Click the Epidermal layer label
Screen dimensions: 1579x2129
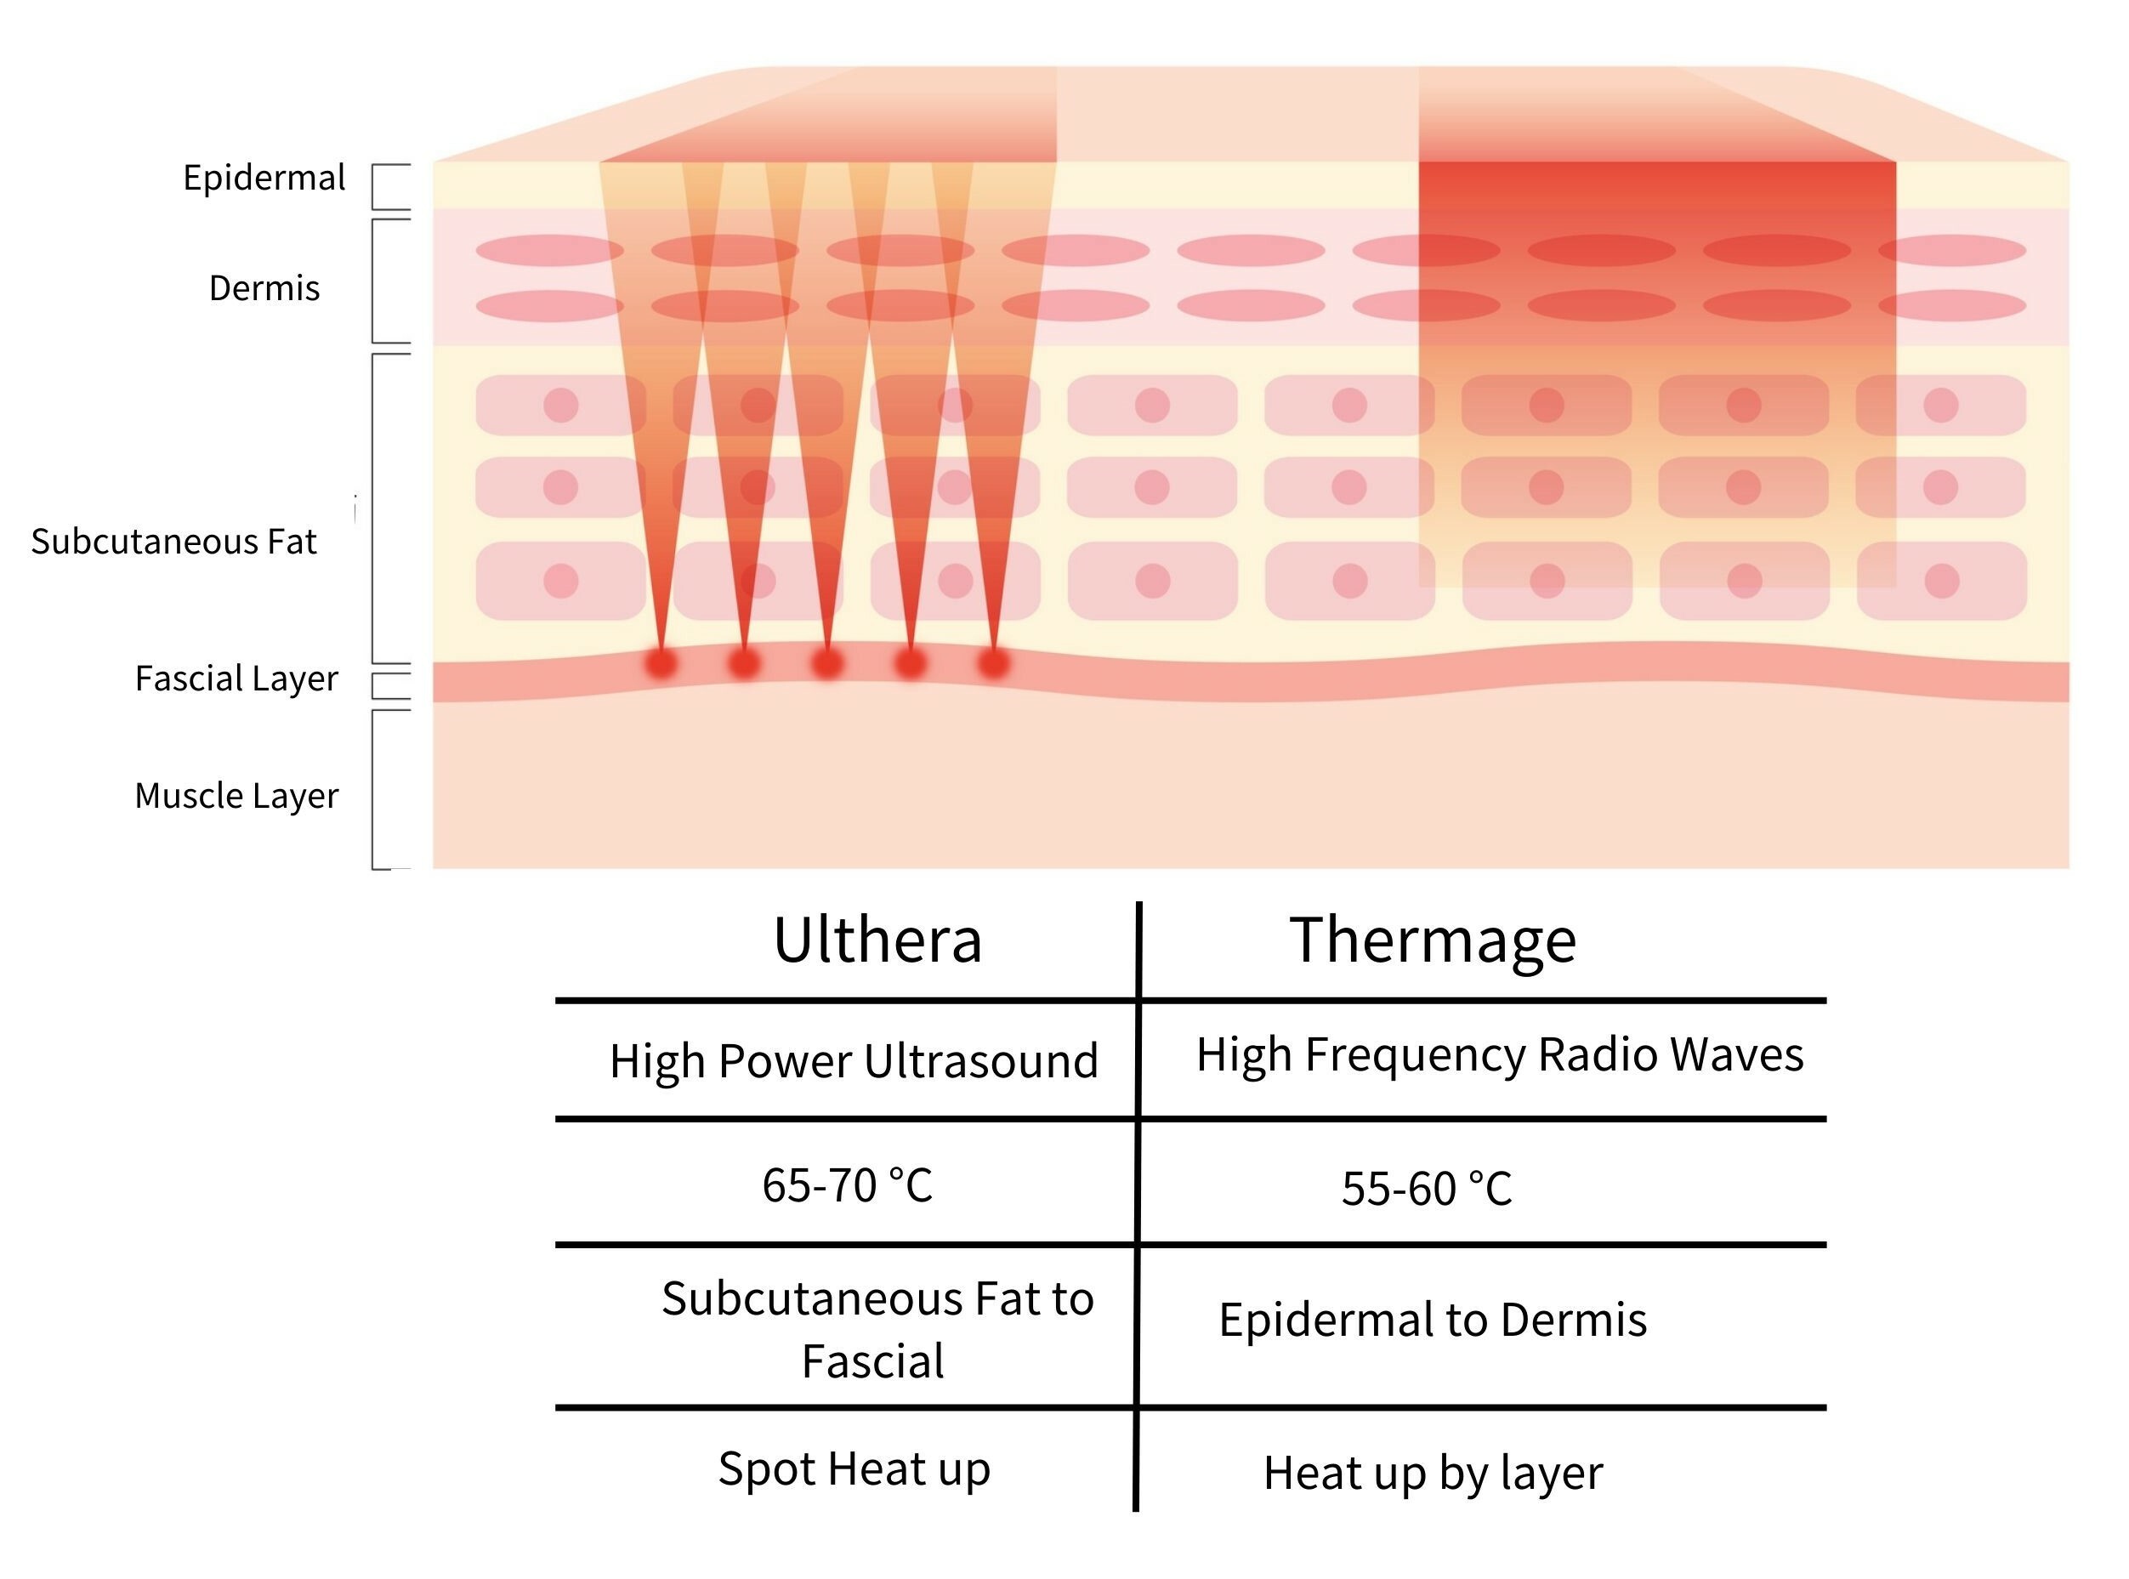point(264,178)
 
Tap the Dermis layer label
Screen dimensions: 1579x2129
point(264,287)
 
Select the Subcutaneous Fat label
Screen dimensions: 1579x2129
point(174,541)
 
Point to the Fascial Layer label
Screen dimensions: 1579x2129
point(236,678)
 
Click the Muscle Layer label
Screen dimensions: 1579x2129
point(236,795)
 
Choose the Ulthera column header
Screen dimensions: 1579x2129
point(877,940)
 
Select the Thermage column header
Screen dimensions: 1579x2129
point(1433,940)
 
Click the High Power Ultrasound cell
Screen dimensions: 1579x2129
point(854,1060)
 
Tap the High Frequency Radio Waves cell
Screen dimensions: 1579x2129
point(1499,1054)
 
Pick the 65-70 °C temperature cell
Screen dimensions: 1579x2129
point(847,1185)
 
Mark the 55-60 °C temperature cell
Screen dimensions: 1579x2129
point(1426,1189)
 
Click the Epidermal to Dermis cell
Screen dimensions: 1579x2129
point(1433,1319)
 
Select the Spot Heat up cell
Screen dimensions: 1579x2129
point(854,1468)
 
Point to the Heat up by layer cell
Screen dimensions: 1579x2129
point(1433,1473)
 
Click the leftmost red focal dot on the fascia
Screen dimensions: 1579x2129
point(661,662)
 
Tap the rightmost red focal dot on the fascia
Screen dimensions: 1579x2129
point(994,662)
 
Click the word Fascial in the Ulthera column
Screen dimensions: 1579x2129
point(872,1361)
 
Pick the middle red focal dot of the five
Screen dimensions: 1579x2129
point(826,662)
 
